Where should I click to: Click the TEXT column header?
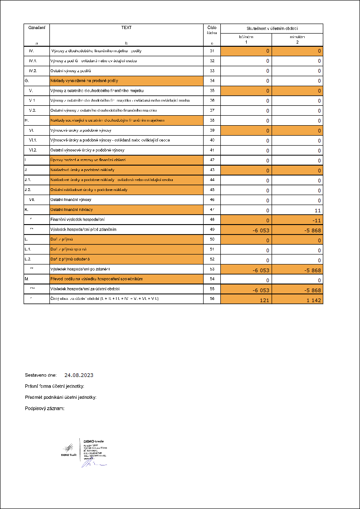pos(126,28)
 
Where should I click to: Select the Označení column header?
pos(37,28)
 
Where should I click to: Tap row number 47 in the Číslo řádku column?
pos(212,210)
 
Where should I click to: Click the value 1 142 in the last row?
pos(312,300)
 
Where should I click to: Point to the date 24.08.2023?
pos(79,376)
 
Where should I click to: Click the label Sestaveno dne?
pos(41,376)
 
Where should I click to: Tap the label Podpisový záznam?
pos(45,409)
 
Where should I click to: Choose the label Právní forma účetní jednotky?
pos(55,387)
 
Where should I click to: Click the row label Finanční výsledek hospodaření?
pos(78,220)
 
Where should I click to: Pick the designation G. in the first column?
pos(27,80)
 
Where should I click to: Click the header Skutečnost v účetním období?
pos(272,28)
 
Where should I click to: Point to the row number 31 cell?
pos(212,51)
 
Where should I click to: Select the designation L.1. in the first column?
pos(29,250)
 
